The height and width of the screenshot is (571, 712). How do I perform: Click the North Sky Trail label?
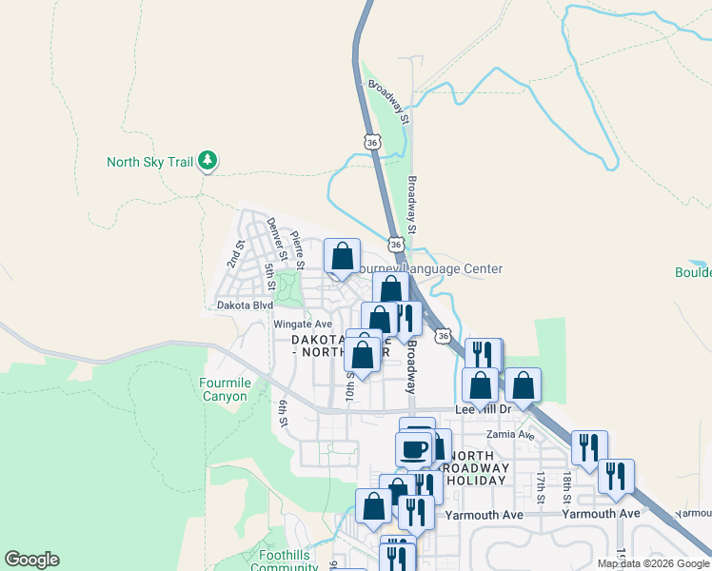point(150,162)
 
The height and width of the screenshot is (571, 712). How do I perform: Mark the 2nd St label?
point(234,253)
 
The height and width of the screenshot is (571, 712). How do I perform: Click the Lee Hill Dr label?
point(484,409)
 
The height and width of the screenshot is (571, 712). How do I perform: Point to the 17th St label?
point(540,486)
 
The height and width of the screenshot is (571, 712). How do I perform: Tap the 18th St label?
point(566,486)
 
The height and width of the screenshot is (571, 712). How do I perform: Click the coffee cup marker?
point(413,448)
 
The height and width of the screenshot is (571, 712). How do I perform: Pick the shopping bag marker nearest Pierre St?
point(343,255)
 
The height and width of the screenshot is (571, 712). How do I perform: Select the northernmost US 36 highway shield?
point(372,142)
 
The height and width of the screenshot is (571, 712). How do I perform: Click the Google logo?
point(31,560)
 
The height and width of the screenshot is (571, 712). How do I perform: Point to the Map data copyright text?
point(653,563)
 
